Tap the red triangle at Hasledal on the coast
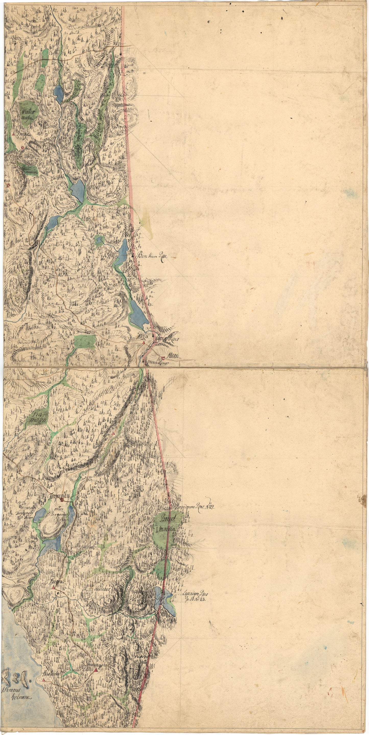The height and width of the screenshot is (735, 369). [x=44, y=694]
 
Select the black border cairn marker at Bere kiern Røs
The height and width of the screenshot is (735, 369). [x=133, y=256]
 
